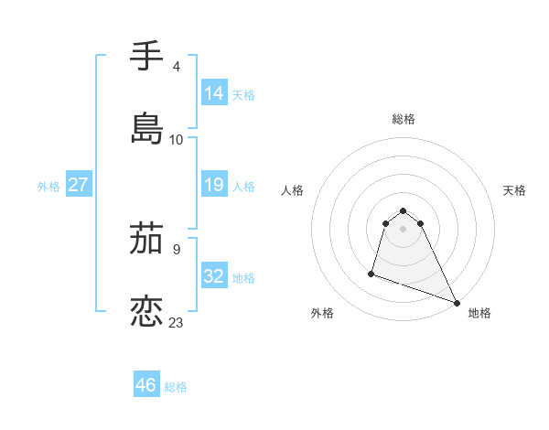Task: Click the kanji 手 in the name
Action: coord(146,57)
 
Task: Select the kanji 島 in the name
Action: coord(146,128)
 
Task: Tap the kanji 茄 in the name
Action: coord(146,241)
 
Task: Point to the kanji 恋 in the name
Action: coord(146,311)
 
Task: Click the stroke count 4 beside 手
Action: coord(176,67)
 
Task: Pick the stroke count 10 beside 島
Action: coord(177,139)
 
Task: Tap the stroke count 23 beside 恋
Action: coord(177,322)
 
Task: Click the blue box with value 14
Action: coord(214,92)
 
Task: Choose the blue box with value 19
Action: coord(214,185)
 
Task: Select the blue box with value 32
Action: coord(214,275)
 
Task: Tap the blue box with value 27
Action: coord(79,185)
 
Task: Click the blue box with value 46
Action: coord(146,385)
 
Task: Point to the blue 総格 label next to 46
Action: coord(176,387)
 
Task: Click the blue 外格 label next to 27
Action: coord(48,186)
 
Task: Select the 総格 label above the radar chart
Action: coord(403,119)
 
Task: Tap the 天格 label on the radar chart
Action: coord(515,190)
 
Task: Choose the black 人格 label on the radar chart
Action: coord(292,190)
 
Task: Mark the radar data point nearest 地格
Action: coord(456,301)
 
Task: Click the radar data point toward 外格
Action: coord(371,273)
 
